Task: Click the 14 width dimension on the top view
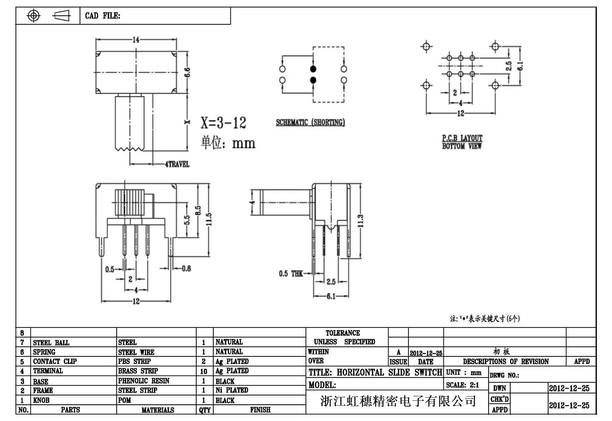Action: [136, 40]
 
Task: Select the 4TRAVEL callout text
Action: [177, 164]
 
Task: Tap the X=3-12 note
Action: [224, 123]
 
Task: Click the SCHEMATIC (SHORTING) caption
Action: [310, 122]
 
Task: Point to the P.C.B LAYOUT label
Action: [462, 138]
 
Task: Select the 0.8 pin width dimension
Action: [186, 268]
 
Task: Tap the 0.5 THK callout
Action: [291, 273]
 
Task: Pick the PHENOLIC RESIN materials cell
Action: [144, 381]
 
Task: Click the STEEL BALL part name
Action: [51, 343]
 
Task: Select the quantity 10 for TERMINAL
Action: [204, 371]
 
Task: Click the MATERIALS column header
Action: [157, 410]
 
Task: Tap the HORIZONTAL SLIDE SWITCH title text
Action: [389, 373]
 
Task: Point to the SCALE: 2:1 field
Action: [463, 385]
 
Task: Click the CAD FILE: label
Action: [103, 16]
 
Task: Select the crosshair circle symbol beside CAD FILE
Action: [33, 15]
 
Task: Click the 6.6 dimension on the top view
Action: [187, 73]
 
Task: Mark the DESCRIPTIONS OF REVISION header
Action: [506, 361]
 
